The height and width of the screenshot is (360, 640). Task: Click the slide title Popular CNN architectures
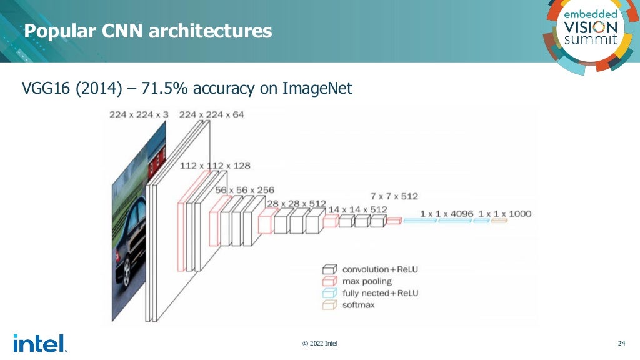tap(148, 31)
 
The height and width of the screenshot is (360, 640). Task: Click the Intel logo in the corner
tap(39, 343)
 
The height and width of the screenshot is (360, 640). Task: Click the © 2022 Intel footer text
tap(320, 343)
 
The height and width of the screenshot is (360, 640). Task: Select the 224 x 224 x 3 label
tap(139, 114)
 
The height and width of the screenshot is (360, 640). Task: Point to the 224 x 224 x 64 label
tap(212, 114)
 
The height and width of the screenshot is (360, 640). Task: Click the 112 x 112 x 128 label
tap(215, 166)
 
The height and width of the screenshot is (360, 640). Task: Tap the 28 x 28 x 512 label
tap(296, 203)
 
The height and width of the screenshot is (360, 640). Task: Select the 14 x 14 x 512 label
tap(357, 209)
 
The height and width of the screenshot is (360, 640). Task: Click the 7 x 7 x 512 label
tap(394, 196)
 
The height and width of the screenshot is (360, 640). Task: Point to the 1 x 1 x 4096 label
tap(446, 214)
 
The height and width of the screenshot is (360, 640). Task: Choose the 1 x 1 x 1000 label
tap(504, 214)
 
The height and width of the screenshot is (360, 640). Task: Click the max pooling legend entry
tap(367, 281)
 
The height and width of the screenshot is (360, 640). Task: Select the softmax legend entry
tap(357, 305)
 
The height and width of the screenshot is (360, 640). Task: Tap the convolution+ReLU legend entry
tap(379, 269)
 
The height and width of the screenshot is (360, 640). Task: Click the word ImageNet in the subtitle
tap(317, 89)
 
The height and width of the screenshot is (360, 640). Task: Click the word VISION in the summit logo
tap(591, 27)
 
